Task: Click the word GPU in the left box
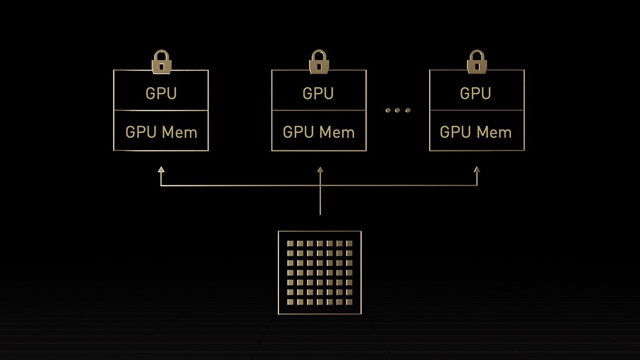click(161, 94)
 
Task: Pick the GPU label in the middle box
click(318, 94)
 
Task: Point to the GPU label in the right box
click(476, 94)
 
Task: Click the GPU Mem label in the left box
click(161, 133)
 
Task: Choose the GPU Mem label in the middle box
click(318, 133)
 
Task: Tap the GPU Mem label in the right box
click(476, 133)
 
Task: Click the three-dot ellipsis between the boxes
click(398, 110)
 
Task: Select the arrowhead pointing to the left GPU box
click(161, 170)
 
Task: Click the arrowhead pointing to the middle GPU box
click(320, 170)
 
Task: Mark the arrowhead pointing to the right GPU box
click(476, 170)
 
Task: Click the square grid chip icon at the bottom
click(320, 273)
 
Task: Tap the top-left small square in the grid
click(291, 244)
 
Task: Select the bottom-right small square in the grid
click(349, 302)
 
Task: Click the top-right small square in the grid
click(349, 244)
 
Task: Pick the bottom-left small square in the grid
click(291, 302)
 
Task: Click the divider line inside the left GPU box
click(161, 110)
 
